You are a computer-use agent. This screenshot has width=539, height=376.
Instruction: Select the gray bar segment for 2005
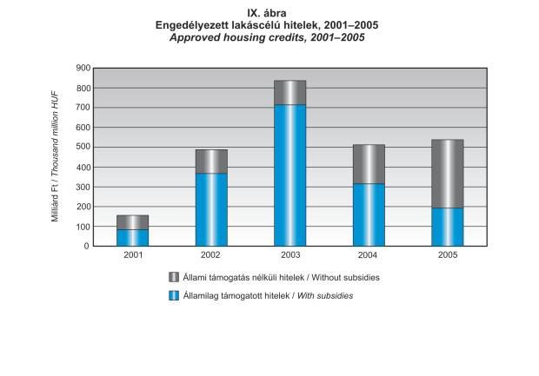click(447, 174)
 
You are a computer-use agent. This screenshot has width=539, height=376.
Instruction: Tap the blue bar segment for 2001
click(132, 237)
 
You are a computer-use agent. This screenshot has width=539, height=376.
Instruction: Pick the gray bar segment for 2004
click(369, 164)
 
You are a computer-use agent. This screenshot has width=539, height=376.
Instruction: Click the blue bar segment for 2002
click(211, 209)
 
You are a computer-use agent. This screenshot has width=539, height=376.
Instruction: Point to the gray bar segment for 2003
click(289, 92)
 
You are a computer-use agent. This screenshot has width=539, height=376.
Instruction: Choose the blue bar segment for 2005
click(447, 227)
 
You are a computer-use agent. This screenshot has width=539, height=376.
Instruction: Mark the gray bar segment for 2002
click(211, 162)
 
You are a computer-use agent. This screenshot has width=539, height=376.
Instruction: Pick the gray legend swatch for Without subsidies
click(174, 277)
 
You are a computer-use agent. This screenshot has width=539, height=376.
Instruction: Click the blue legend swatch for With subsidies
click(174, 296)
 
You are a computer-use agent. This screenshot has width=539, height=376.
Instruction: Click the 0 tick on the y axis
click(86, 246)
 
